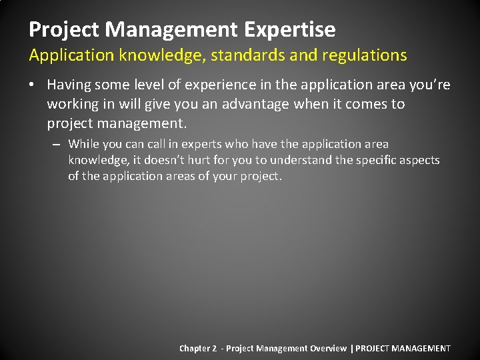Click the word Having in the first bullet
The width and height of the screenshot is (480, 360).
(70, 85)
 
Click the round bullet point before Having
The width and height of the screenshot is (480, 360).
(33, 85)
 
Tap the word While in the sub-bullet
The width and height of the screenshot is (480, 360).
(84, 144)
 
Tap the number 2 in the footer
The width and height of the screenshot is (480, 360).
(214, 348)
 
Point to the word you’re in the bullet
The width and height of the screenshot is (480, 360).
(432, 85)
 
